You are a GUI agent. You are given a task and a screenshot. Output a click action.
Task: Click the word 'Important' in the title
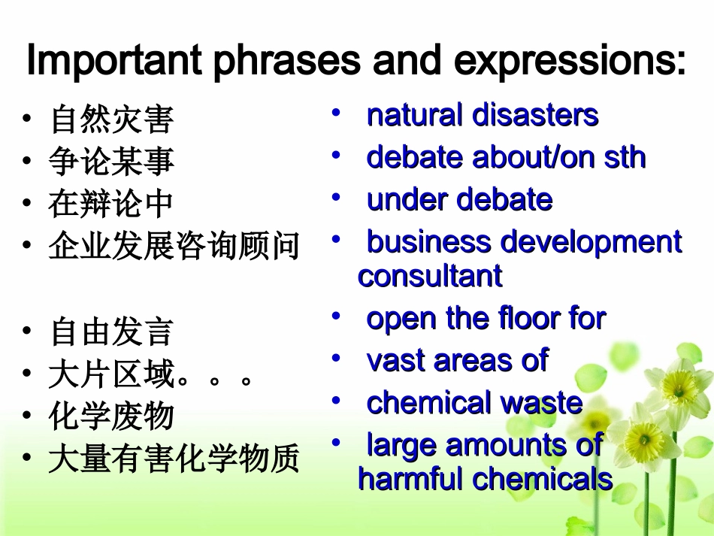tap(113, 62)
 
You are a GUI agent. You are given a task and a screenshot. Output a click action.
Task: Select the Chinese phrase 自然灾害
tap(111, 120)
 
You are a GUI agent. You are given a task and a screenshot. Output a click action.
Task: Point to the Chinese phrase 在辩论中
tap(111, 204)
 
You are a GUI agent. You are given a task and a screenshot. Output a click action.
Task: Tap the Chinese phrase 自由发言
tap(111, 332)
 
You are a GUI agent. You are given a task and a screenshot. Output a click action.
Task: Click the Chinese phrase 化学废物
tap(111, 416)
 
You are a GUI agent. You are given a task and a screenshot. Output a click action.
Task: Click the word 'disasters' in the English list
tap(535, 116)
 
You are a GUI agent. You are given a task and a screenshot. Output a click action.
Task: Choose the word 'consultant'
tap(430, 276)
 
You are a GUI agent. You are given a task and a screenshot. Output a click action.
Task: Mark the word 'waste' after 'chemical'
tap(542, 403)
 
